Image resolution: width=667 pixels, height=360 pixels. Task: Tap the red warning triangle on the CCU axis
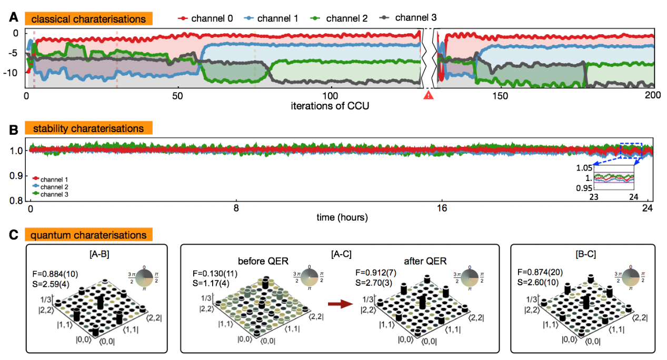coord(428,95)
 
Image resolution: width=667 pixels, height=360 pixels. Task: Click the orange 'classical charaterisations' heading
coord(88,19)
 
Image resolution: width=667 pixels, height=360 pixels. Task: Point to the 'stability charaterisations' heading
coord(87,128)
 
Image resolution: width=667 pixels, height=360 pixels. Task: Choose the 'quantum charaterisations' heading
coord(88,234)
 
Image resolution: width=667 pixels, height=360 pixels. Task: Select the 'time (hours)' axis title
coord(342,217)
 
